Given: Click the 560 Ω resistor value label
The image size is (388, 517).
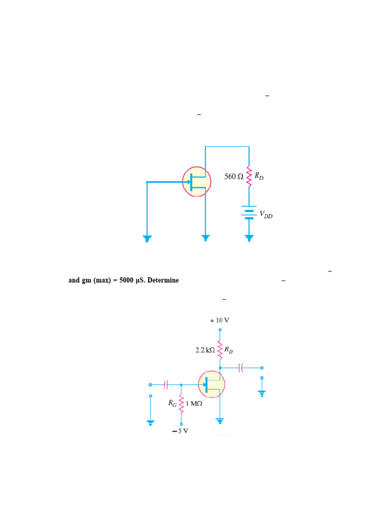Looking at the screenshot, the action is coord(233,176).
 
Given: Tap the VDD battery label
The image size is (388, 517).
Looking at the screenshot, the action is coord(266,215).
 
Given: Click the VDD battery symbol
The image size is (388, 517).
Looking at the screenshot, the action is coord(249,213).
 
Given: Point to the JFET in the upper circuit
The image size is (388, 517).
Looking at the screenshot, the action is coord(197,182).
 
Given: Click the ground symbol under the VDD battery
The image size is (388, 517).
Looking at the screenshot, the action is coord(249,238).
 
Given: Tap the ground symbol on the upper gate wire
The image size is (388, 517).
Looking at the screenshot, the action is coord(147,238).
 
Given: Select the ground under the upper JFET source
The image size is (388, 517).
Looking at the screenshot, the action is coord(205,238).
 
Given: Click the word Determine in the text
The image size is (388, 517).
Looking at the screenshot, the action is coord(163,280).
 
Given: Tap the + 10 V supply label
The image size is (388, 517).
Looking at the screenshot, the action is coord(219,320).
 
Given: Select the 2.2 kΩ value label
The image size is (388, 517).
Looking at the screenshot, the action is coord(205,350).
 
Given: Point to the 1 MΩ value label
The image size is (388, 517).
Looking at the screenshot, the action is coord(194,403).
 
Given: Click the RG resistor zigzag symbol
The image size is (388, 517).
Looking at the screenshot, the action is coord(181,403).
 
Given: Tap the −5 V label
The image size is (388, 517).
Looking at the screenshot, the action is coord(180,431).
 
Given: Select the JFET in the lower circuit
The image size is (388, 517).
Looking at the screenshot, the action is coord(212,384).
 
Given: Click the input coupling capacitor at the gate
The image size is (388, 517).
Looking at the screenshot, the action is coord(166,384).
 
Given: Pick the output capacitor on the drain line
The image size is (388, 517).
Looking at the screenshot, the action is coord(240,368).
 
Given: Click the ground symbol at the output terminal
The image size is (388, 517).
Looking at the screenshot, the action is coord(262,393).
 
